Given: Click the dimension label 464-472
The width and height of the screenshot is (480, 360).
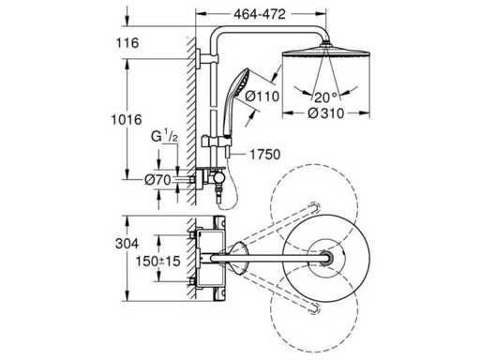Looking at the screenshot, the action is click(260, 14).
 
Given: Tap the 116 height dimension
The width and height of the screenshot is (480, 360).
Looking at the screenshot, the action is click(127, 43).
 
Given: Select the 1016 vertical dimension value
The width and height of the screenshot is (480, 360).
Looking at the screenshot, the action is click(127, 120).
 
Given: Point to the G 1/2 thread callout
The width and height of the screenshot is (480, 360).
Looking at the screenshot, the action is click(164, 137).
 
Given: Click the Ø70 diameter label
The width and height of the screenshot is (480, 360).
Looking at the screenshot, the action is click(157, 180).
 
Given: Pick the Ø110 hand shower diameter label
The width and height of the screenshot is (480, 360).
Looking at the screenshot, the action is click(262, 96).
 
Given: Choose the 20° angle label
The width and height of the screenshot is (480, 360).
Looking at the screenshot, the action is click(326, 97).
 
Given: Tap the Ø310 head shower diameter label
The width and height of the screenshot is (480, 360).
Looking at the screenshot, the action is click(326, 113).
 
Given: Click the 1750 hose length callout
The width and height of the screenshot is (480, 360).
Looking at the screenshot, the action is click(265, 155).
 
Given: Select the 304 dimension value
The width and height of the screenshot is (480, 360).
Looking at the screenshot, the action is click(127, 244).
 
